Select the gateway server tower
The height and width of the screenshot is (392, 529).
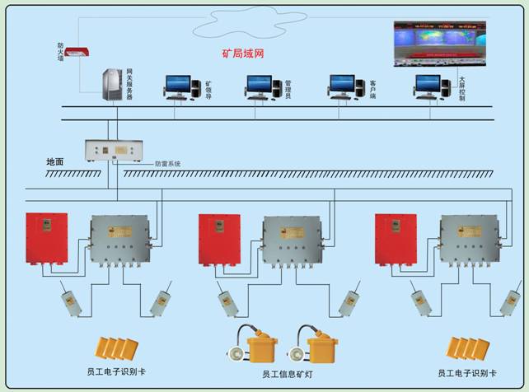coord(112,86)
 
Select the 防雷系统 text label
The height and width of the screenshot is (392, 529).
coord(167,164)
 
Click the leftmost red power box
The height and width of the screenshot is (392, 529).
coord(46,240)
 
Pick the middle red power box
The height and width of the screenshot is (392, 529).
coord(219,240)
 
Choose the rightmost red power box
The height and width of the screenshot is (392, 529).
coord(395,240)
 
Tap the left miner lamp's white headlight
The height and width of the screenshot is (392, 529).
coord(233,354)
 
